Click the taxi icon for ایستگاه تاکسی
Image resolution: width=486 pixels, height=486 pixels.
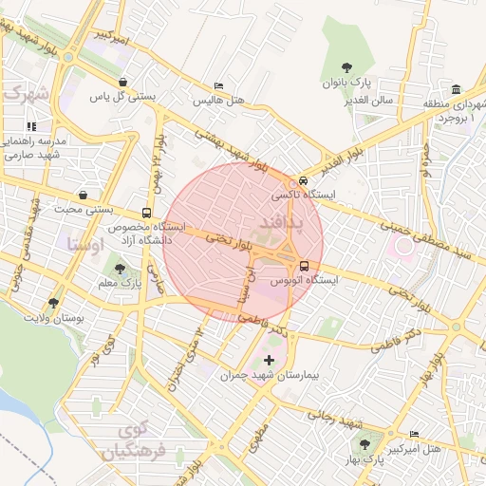pos(303,180)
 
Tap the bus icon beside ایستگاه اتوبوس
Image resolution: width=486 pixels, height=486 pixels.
pos(305,267)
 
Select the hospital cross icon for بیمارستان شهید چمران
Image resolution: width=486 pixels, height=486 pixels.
pos(270,360)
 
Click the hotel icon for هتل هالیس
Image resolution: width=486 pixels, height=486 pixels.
pos(219,86)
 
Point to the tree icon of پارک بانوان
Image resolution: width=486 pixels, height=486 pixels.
pos(347,67)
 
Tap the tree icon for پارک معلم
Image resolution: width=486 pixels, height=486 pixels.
pos(119,270)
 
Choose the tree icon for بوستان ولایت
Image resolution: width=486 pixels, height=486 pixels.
pos(53,304)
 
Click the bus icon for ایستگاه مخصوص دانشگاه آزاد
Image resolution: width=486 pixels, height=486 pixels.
pos(146,214)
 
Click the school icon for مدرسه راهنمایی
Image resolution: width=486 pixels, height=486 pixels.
pos(31,125)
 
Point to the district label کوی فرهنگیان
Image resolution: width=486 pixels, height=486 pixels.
pos(139,441)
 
